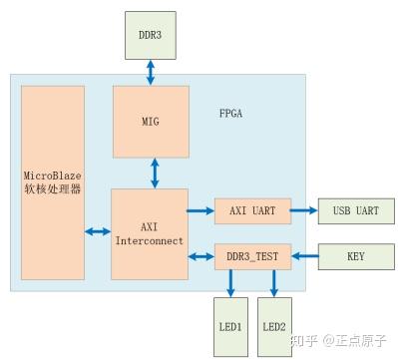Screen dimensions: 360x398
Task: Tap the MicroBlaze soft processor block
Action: tap(52, 182)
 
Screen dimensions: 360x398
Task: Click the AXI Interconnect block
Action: tap(150, 233)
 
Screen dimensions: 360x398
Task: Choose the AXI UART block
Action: tap(251, 211)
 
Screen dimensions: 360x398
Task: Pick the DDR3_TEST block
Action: tap(251, 256)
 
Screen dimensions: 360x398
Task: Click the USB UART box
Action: tap(355, 211)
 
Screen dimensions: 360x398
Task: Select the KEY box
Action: tap(355, 256)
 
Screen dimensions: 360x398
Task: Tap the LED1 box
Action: tap(231, 326)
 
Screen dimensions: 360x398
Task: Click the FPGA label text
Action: tap(230, 113)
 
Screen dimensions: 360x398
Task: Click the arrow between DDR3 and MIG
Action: tap(150, 71)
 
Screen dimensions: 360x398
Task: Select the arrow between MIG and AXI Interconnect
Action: tap(153, 171)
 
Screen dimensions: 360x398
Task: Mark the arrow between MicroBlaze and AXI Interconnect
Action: tap(98, 231)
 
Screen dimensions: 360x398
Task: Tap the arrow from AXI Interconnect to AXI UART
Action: tap(201, 211)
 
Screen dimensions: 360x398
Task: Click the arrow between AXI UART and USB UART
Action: tap(303, 211)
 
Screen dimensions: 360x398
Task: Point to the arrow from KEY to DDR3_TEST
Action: tap(303, 256)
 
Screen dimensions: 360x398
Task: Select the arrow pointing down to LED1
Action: tap(231, 283)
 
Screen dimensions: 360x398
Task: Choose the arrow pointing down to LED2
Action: tap(273, 283)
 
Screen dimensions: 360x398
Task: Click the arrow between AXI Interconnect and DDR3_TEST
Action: tap(201, 256)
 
